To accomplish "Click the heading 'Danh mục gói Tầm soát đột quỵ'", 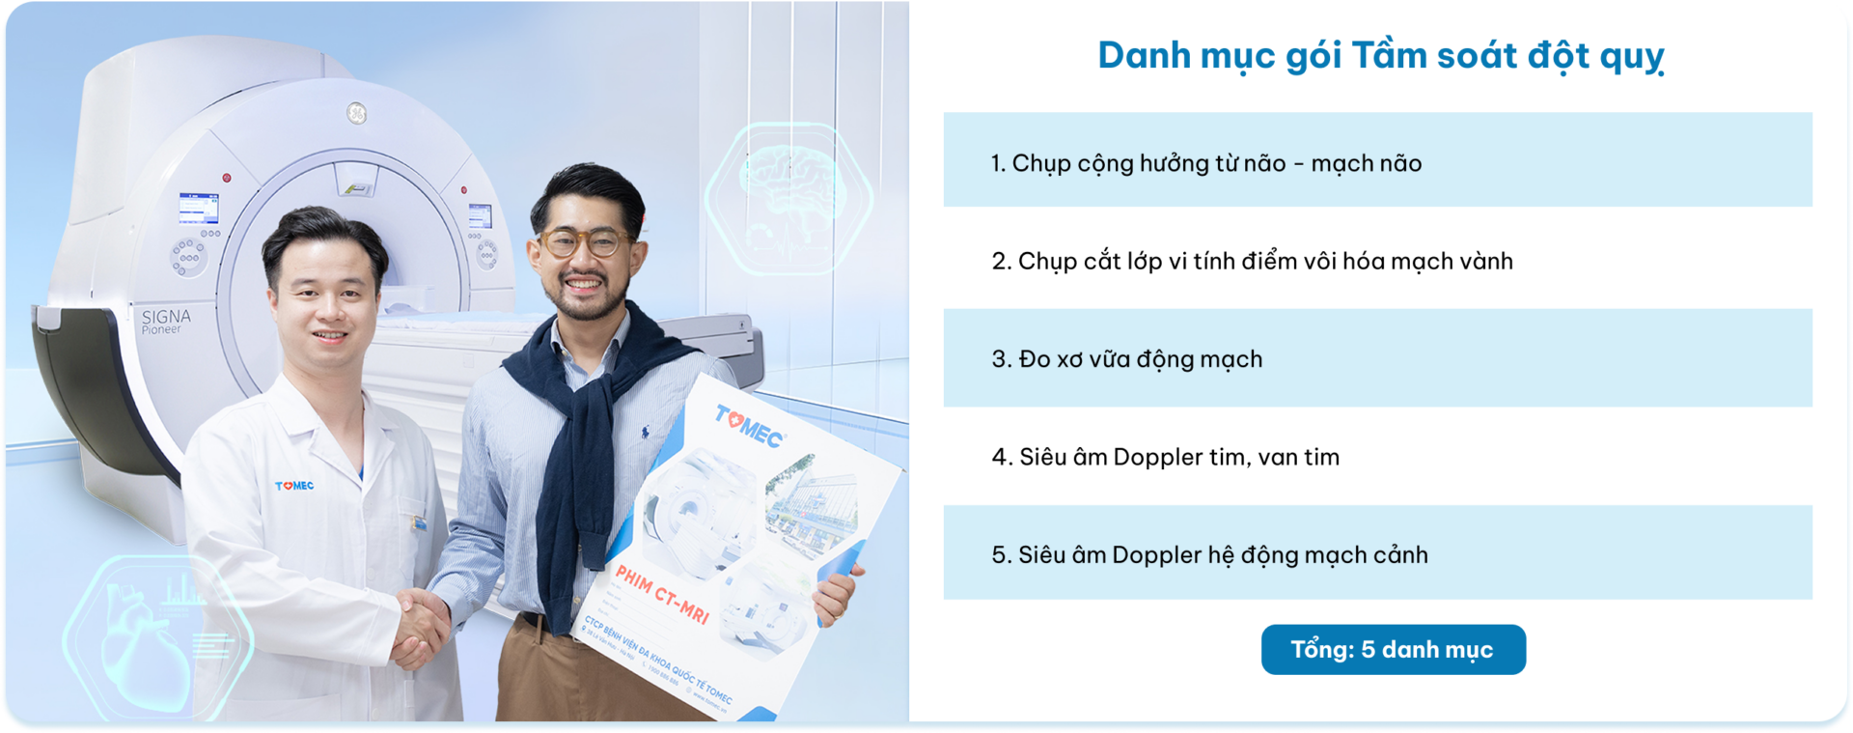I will (1380, 56).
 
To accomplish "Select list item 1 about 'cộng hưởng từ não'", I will (1206, 163).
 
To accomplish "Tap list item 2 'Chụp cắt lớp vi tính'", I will (1252, 261).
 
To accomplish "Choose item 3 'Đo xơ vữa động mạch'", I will (1127, 359).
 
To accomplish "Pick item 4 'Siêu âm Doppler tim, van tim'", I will (1166, 457).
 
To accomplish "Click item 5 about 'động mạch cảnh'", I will (1210, 555).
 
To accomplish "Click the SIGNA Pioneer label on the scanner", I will (165, 321).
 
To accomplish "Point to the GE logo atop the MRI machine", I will (357, 113).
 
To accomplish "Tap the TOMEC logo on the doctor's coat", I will (294, 486).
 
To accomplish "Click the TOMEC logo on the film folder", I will (749, 426).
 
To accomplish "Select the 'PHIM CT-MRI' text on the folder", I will (662, 594).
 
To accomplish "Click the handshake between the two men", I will (421, 628).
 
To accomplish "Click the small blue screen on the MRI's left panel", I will (198, 208).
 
